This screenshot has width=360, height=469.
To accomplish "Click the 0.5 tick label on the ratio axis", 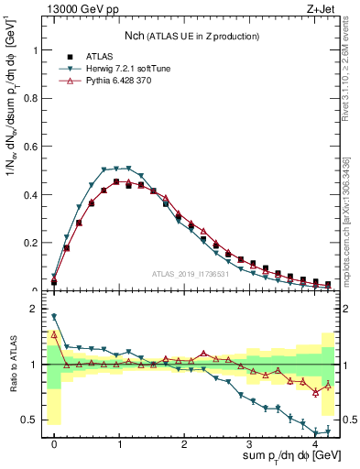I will (32, 420).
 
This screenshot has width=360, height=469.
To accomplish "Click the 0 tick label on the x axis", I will (54, 443).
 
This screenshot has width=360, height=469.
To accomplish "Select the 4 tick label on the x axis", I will (314, 443).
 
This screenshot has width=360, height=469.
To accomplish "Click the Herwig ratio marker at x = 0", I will (54, 317).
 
